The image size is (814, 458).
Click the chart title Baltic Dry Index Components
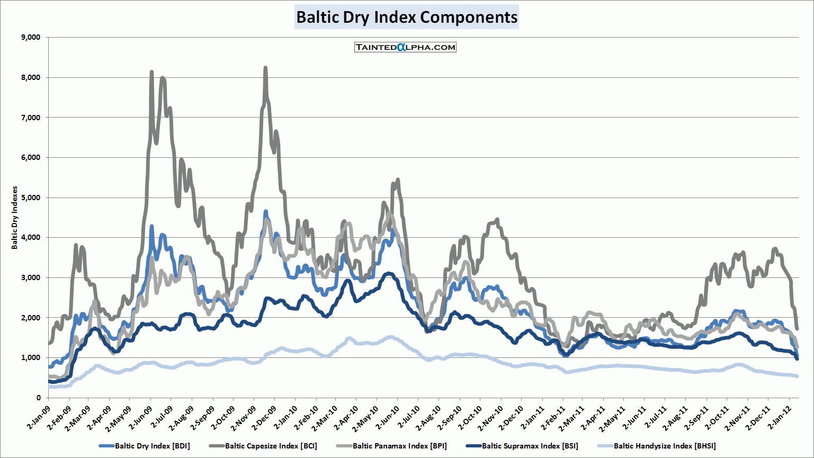(406, 17)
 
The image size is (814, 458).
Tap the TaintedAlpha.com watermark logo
(405, 47)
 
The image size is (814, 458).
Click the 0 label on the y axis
(39, 398)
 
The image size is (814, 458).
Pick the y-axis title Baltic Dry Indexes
(15, 218)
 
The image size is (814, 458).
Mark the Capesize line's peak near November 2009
(265, 68)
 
